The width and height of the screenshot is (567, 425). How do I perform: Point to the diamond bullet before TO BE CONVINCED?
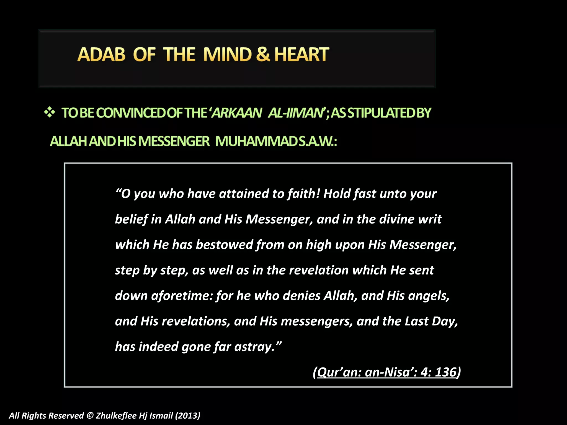click(x=50, y=113)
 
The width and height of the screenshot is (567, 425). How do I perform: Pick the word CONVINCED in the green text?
click(x=131, y=113)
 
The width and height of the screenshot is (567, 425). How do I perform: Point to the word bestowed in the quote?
click(x=225, y=245)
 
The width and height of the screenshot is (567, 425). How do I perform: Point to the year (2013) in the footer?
click(x=187, y=416)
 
